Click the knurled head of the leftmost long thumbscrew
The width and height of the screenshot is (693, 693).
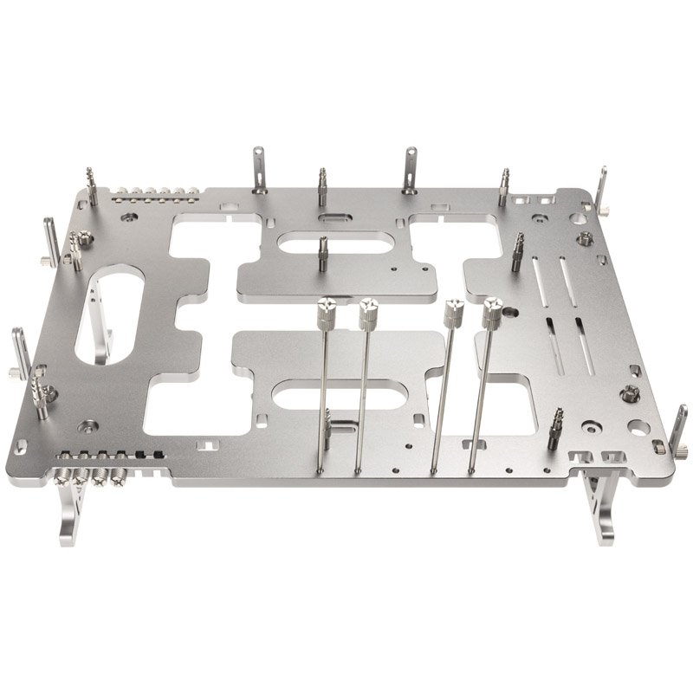(327, 311)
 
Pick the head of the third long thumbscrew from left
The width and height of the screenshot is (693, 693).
(451, 313)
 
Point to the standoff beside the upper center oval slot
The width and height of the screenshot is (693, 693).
(322, 254)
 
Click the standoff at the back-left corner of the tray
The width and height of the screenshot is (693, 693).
(92, 185)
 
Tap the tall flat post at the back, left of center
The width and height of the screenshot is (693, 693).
(258, 170)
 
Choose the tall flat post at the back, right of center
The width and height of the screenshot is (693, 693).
(409, 169)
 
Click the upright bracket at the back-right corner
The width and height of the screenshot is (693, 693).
(601, 191)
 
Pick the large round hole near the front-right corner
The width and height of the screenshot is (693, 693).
(637, 426)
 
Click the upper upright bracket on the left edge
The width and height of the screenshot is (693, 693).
(50, 242)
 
